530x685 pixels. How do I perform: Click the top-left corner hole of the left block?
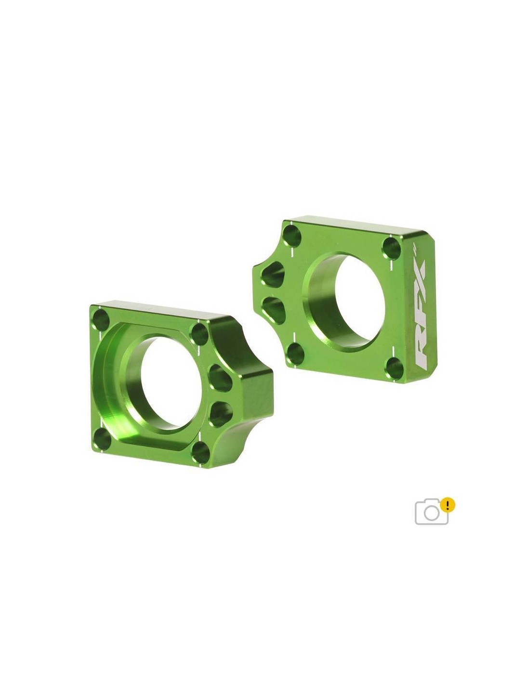click(100, 320)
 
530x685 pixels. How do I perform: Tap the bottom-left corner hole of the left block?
click(102, 438)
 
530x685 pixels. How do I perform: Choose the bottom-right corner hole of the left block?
click(201, 453)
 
